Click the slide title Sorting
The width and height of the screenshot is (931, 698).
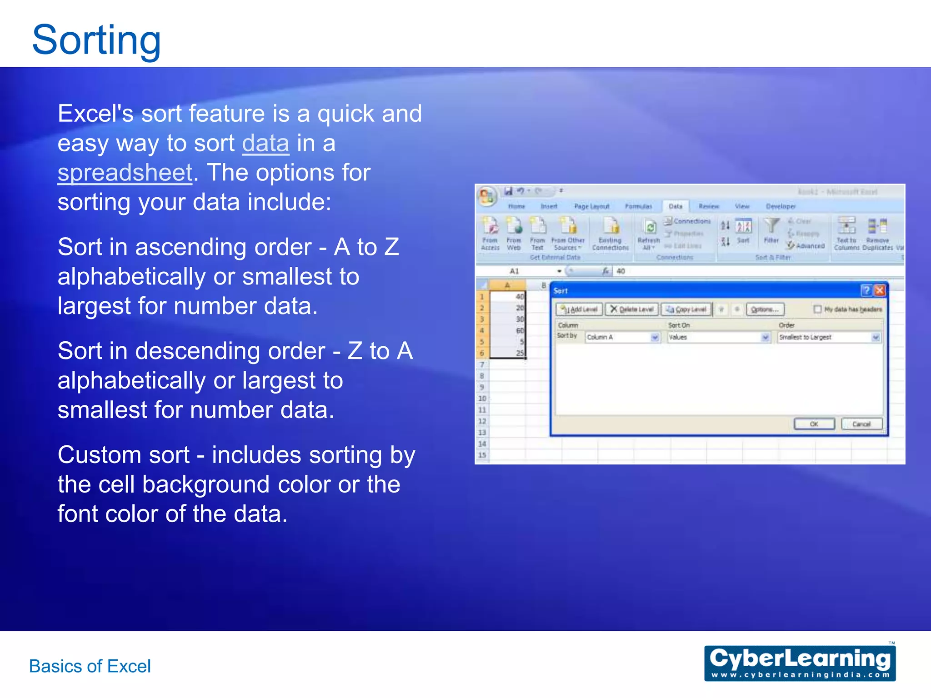96,40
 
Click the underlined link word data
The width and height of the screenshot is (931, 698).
265,144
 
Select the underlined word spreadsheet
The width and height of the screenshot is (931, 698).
125,173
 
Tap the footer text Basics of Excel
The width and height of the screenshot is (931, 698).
90,666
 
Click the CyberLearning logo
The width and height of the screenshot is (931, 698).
800,663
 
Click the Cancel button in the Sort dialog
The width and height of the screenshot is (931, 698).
861,424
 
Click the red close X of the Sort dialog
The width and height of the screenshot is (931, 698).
880,290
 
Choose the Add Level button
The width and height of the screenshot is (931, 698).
580,309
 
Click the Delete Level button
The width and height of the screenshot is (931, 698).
632,309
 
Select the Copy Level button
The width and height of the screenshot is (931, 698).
686,309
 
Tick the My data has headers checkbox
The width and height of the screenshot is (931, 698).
817,309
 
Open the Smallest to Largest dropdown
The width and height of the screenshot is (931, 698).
876,337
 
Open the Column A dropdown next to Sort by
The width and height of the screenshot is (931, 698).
655,337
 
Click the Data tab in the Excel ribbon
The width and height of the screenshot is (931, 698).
676,206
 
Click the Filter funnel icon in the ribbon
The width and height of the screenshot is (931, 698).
771,226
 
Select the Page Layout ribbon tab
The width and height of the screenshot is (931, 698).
591,206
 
